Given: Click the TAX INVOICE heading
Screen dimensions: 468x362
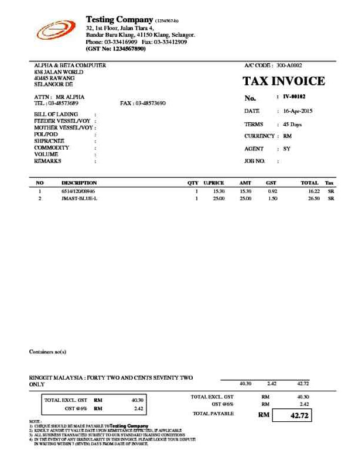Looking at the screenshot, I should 284,81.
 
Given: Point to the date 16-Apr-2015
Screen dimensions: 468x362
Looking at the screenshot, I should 298,111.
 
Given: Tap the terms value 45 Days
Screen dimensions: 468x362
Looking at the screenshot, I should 292,125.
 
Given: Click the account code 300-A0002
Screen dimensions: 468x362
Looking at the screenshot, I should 289,66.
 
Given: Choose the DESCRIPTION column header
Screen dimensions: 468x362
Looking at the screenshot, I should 79,183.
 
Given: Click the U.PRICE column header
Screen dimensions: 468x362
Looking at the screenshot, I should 214,183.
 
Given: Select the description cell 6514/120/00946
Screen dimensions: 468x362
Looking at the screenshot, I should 78,191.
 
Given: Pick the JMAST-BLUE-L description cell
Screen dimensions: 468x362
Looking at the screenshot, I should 79,199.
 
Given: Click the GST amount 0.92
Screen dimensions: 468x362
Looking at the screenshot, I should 272,191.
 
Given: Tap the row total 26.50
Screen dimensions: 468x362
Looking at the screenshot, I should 313,199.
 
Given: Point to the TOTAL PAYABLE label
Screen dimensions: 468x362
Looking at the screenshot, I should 213,414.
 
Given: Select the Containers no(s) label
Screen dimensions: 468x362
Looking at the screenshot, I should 47,352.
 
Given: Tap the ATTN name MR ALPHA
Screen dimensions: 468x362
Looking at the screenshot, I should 70,97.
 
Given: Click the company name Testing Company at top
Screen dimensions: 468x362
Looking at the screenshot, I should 119,20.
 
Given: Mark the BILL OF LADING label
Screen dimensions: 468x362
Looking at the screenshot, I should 56,114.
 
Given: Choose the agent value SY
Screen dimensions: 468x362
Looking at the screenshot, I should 286,149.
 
